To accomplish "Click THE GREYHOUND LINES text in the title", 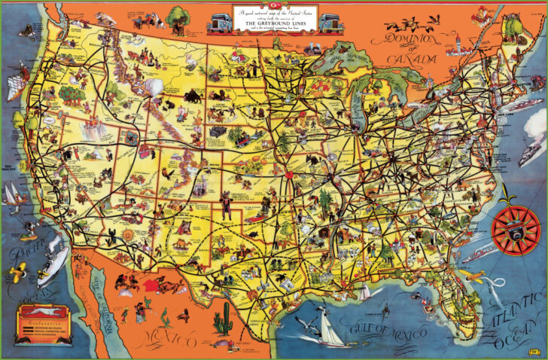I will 274,23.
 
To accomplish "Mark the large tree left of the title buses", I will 178,17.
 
